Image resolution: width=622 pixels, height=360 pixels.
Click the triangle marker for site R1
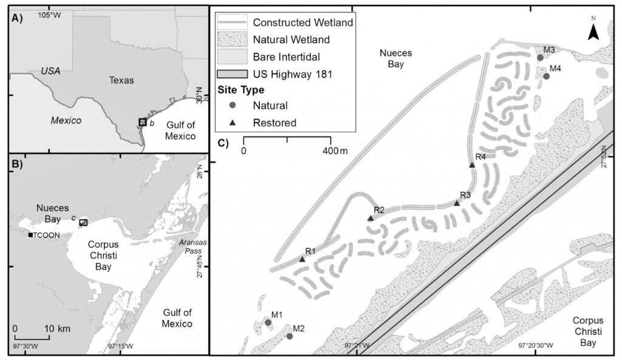click(302, 259)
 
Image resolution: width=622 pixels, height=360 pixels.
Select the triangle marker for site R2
click(371, 219)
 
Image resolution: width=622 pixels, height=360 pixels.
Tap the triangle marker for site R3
click(457, 203)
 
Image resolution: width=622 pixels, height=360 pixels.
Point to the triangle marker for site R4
click(472, 165)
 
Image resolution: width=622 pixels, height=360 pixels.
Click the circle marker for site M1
click(268, 322)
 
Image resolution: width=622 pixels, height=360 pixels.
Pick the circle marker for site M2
click(290, 336)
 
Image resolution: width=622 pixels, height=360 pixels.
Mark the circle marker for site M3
click(540, 58)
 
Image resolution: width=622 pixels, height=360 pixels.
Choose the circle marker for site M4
click(546, 76)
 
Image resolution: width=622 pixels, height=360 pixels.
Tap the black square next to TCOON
click(30, 235)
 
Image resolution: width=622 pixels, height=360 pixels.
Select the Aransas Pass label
click(193, 246)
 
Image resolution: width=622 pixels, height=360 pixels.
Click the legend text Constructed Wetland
click(303, 23)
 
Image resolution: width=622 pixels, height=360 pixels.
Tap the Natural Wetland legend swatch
click(233, 40)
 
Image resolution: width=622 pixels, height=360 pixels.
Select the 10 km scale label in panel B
click(58, 328)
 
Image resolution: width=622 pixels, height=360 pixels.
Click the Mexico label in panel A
click(66, 120)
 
